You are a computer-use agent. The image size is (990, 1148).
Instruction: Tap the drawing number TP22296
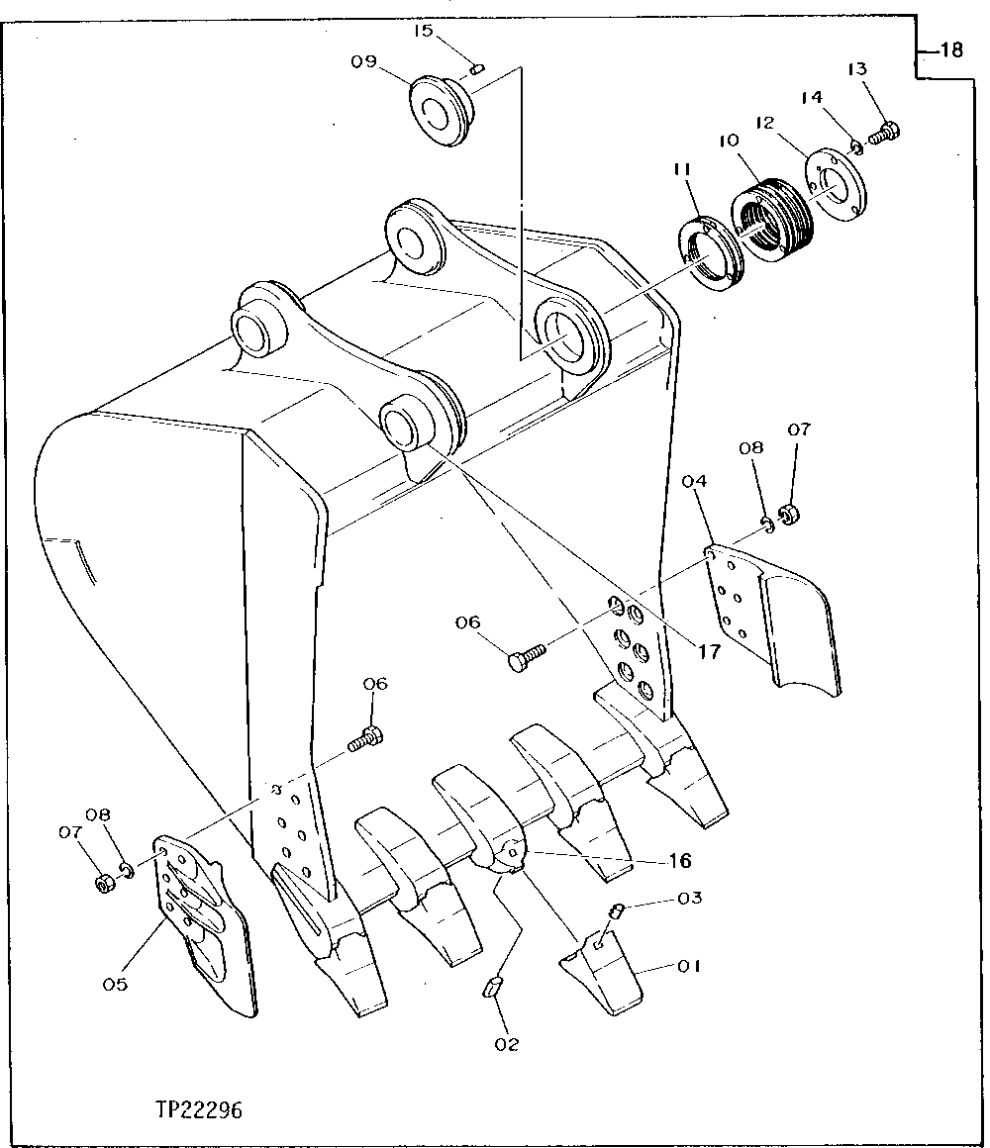pyautogui.click(x=197, y=1108)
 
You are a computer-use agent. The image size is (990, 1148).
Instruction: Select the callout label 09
pyautogui.click(x=363, y=61)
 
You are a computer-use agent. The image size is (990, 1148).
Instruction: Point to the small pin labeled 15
pyautogui.click(x=476, y=69)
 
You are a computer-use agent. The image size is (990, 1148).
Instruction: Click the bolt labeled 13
pyautogui.click(x=884, y=132)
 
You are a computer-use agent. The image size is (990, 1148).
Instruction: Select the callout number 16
pyautogui.click(x=679, y=861)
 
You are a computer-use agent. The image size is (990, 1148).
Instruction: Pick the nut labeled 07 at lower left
pyautogui.click(x=102, y=882)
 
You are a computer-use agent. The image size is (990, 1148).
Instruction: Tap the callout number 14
pyautogui.click(x=812, y=97)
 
